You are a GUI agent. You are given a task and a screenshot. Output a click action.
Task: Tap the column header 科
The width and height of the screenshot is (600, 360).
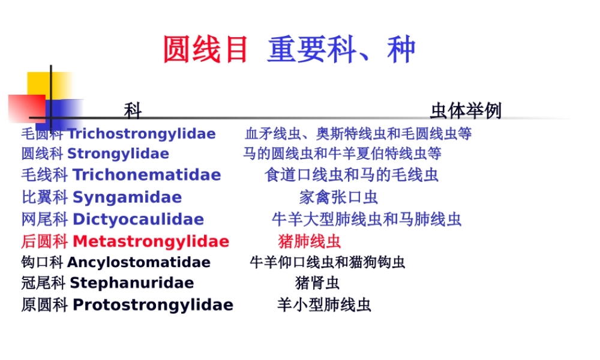coord(133,110)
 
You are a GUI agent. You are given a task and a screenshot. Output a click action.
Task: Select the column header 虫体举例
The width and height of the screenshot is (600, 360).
coord(466,110)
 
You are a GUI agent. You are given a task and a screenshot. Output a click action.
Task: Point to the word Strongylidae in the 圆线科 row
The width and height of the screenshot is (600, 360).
coord(118,154)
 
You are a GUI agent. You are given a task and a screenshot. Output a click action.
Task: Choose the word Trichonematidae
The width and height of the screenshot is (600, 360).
coord(146,175)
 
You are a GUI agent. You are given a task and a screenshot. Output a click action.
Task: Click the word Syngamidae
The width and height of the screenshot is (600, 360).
coord(127,197)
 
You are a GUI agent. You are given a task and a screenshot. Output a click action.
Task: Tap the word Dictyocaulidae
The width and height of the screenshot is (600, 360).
coord(138,220)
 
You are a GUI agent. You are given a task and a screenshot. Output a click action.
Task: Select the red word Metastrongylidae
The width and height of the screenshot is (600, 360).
coord(151,242)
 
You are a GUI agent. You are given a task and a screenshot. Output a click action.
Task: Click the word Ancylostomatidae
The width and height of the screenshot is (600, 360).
coord(139,263)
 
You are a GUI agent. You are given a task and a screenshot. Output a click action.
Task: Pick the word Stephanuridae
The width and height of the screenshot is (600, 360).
coord(132,283)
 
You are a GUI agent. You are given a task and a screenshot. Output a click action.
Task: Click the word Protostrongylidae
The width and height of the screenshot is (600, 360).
coord(152,305)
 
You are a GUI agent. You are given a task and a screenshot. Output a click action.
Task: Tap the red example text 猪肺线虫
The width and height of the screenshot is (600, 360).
coord(310,242)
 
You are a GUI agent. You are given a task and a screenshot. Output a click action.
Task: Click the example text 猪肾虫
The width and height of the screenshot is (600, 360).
coord(317,283)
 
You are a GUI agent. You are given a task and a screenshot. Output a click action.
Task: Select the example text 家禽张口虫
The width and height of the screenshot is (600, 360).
coord(338,197)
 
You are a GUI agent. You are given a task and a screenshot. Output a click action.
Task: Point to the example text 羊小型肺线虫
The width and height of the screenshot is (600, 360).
coord(324,305)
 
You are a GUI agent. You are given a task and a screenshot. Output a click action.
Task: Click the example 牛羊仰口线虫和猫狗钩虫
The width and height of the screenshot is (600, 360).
coord(328,263)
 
